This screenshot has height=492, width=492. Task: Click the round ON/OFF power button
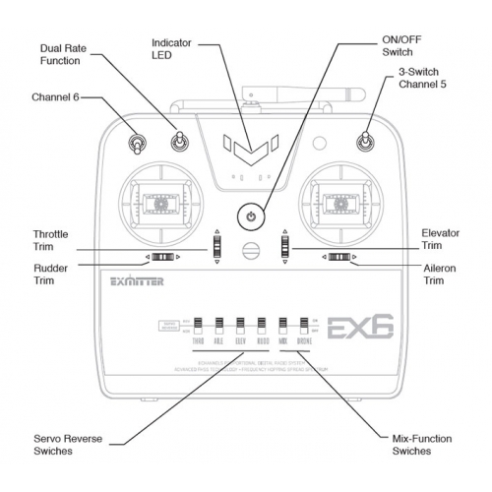point(251,215)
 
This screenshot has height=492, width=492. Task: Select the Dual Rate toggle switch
point(179,144)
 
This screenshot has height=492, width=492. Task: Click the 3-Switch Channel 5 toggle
point(364,145)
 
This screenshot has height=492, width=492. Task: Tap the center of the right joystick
point(340,204)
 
